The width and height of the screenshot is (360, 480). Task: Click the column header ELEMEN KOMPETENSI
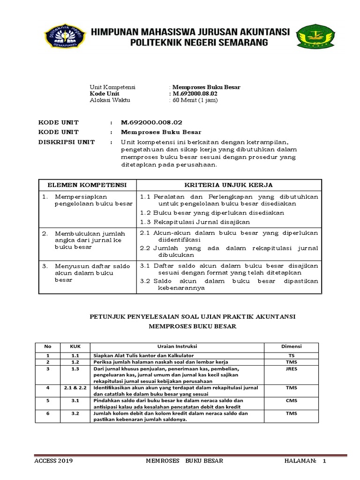(87, 185)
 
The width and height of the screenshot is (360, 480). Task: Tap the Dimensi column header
(291, 346)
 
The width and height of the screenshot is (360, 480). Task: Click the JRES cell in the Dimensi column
(291, 369)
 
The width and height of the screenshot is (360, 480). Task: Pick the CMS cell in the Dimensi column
(291, 401)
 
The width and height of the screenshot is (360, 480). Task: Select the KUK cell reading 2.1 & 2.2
(75, 388)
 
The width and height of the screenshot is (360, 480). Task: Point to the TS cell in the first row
(291, 356)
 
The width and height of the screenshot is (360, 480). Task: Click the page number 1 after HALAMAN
(323, 461)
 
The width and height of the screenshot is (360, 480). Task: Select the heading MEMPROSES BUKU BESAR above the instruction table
(193, 326)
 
